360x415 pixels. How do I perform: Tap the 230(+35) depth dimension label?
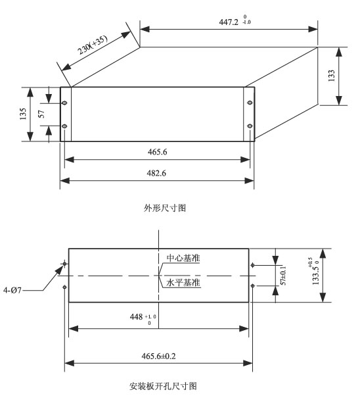tap(93, 45)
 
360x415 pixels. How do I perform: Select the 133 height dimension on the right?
tap(332, 76)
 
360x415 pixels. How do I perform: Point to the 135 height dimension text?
tap(23, 114)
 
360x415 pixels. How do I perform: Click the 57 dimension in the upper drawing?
tap(41, 114)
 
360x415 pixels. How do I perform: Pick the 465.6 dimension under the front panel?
tap(157, 152)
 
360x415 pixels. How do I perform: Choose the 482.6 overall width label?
tap(156, 173)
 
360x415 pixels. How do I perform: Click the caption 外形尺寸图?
tap(165, 208)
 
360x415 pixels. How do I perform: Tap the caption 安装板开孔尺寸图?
tap(163, 386)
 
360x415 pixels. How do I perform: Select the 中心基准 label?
tap(183, 258)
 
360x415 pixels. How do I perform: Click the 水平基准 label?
tap(183, 282)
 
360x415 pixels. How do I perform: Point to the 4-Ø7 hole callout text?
tap(12, 290)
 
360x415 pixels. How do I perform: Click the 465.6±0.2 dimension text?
tap(158, 356)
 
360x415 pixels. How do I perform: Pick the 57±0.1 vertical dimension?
tap(283, 276)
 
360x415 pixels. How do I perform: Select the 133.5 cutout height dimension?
tap(315, 271)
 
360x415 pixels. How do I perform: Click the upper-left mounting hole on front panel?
tap(65, 103)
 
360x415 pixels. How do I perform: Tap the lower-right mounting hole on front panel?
tap(250, 126)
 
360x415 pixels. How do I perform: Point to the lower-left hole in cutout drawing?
tap(64, 287)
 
